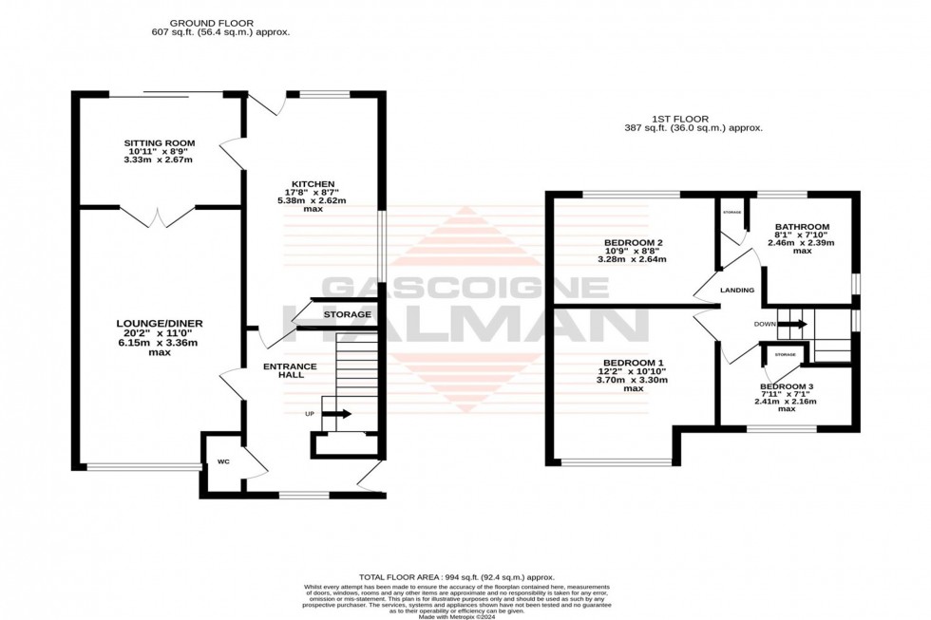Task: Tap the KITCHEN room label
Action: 313,183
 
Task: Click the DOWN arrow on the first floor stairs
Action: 792,324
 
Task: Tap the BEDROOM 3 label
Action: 787,387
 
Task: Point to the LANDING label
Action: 737,291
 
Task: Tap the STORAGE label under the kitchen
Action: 347,314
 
